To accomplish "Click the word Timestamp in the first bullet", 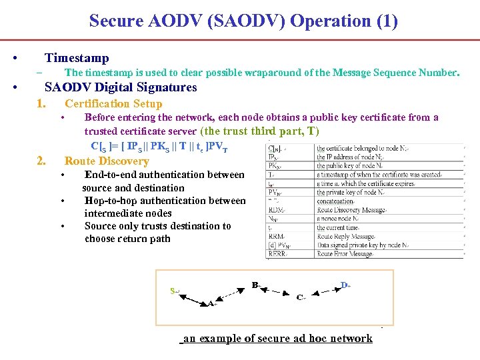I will click(76, 58).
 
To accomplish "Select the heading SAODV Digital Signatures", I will click(121, 87).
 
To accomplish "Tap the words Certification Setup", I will click(113, 103).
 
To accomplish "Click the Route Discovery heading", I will click(107, 161).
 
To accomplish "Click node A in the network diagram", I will click(210, 303).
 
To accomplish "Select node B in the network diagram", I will click(255, 285).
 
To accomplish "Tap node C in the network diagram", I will click(300, 297).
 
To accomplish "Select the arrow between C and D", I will click(323, 291).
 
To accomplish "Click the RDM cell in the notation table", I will click(275, 210).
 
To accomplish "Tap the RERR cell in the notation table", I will click(275, 253).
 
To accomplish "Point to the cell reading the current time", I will click(341, 227).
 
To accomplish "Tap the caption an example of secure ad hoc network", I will click(277, 339).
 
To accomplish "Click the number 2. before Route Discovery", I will click(41, 161).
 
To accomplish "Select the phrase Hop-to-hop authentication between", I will click(165, 201).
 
